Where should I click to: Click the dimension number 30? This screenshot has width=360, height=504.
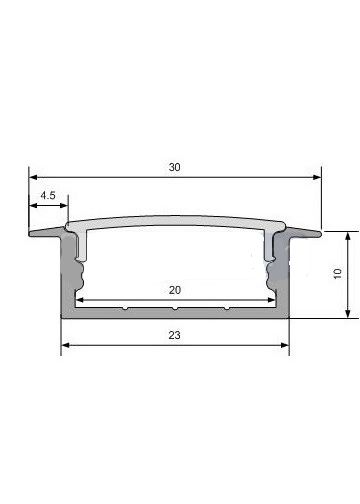[x=175, y=167]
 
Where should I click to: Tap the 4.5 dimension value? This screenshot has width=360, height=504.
[x=48, y=195]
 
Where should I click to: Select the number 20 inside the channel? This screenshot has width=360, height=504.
[x=175, y=290]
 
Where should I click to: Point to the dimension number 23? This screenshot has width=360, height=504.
[x=175, y=335]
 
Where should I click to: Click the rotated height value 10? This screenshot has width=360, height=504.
[x=337, y=273]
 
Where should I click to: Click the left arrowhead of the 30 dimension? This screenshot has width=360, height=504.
[x=33, y=177]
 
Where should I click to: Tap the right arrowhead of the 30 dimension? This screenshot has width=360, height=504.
[x=317, y=177]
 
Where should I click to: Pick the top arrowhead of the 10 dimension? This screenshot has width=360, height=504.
[x=348, y=236]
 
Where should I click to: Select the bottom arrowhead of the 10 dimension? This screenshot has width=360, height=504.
[x=348, y=314]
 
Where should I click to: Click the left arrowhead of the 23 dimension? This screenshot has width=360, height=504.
[x=65, y=345]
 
